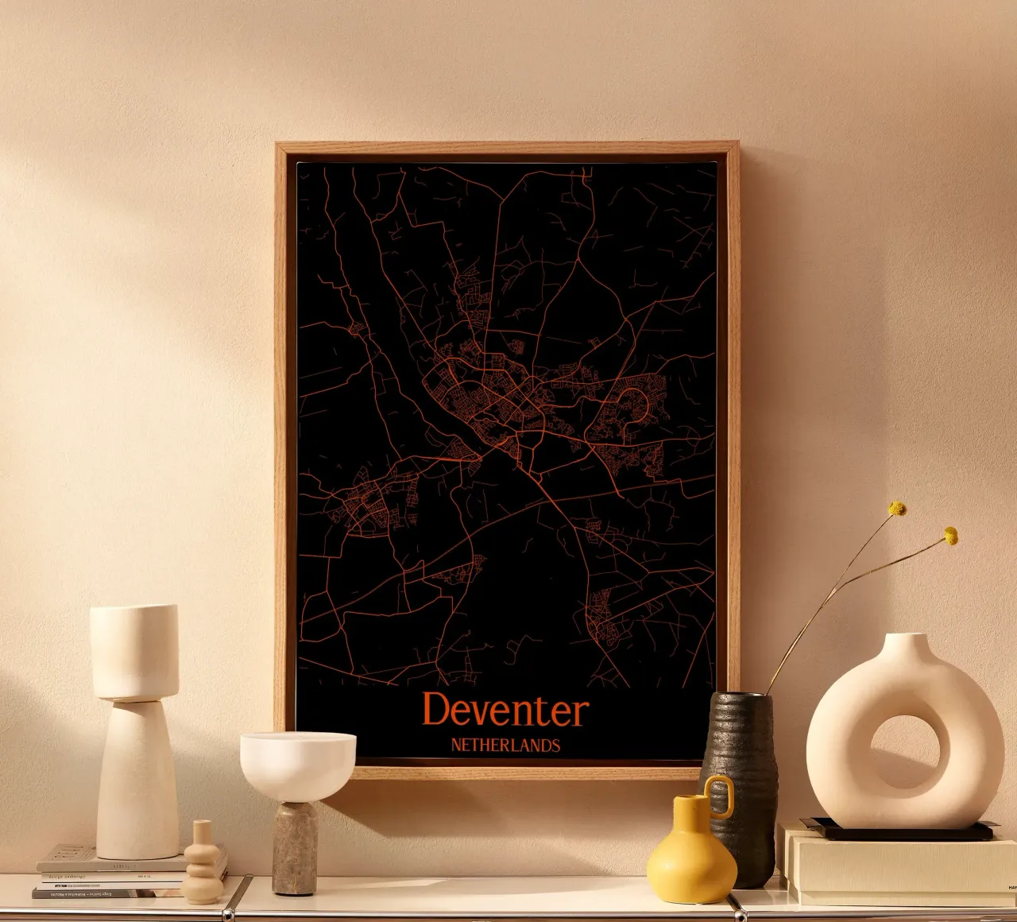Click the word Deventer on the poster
tap(505, 710)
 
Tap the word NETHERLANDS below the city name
tap(505, 746)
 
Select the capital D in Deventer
tap(436, 709)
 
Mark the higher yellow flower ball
tap(897, 508)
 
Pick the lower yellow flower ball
tap(950, 536)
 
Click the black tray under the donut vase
tap(898, 831)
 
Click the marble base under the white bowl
tap(295, 847)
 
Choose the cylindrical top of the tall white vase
tap(134, 652)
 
